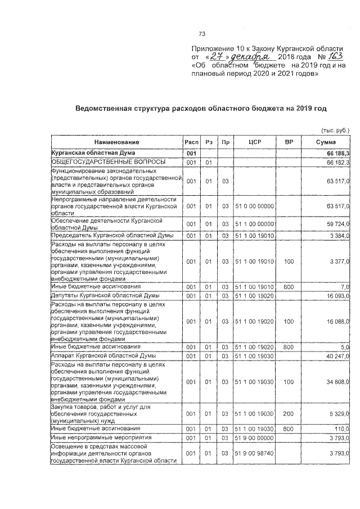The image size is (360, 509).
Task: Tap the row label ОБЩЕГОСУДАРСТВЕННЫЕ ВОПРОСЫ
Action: click(101, 162)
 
